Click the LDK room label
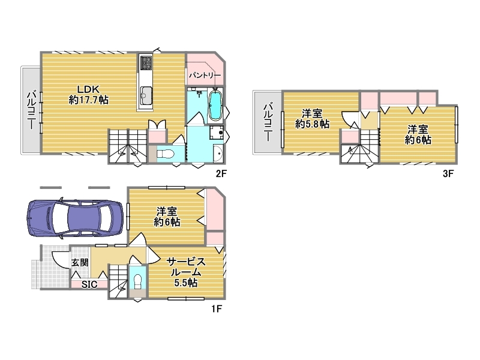pyautogui.click(x=88, y=89)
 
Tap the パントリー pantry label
pyautogui.click(x=205, y=75)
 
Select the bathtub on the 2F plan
pyautogui.click(x=215, y=106)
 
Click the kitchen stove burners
pyautogui.click(x=145, y=62)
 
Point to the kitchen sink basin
pyautogui.click(x=146, y=95)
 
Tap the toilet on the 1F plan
pyautogui.click(x=138, y=281)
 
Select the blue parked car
pyautogui.click(x=76, y=218)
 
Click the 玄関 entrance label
pyautogui.click(x=80, y=263)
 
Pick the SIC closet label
pyautogui.click(x=89, y=284)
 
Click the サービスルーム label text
pyautogui.click(x=186, y=267)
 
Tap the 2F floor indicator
pyautogui.click(x=221, y=173)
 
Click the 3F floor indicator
pyautogui.click(x=448, y=173)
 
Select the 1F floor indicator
pyautogui.click(x=217, y=308)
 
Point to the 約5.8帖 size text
pyautogui.click(x=312, y=124)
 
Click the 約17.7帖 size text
pyautogui.click(x=89, y=100)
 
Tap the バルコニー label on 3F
pyautogui.click(x=268, y=122)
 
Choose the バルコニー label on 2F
pyautogui.click(x=31, y=109)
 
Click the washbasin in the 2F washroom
pyautogui.click(x=218, y=152)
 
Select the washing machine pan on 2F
pyautogui.click(x=217, y=133)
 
